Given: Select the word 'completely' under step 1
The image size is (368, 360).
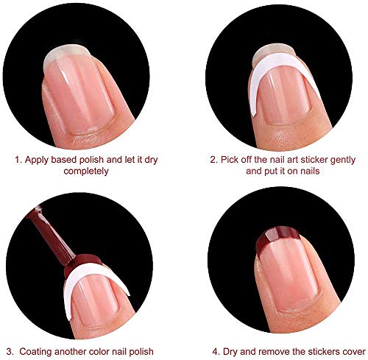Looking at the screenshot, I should click(82, 171).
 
